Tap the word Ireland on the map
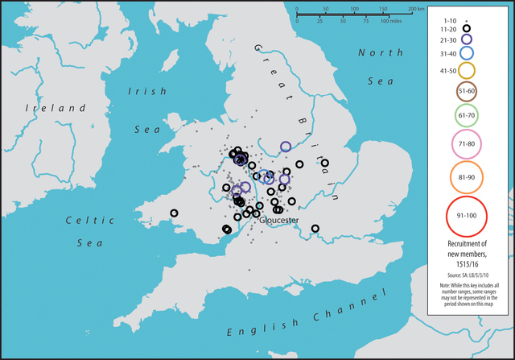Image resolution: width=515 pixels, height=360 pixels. click(55, 108)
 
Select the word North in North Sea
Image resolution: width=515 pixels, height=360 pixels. click(375, 53)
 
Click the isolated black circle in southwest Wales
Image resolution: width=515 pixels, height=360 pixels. click(174, 213)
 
